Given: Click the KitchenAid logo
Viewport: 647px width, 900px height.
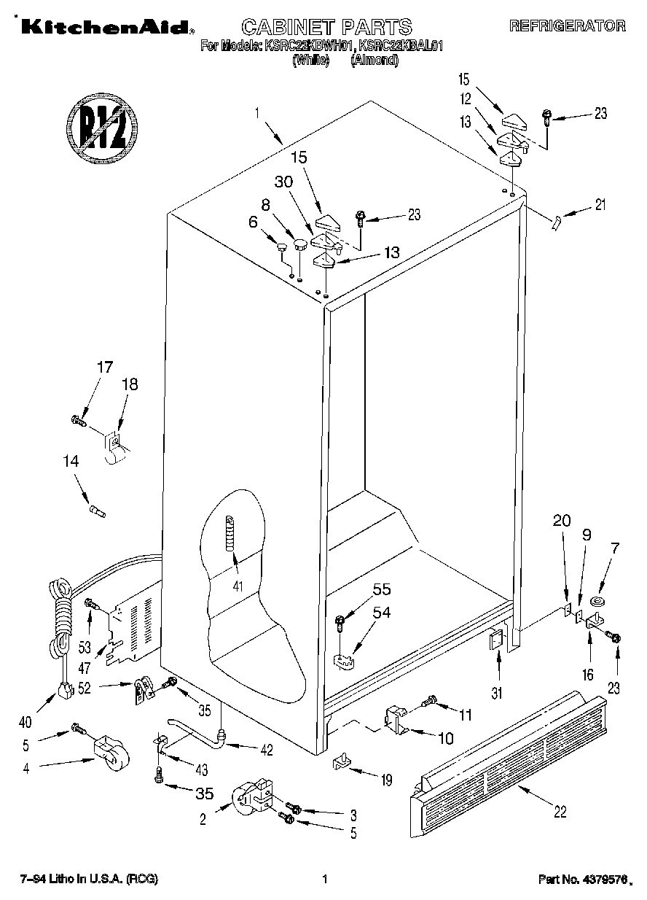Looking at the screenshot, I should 105,27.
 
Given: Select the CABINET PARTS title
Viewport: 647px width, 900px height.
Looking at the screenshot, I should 326,28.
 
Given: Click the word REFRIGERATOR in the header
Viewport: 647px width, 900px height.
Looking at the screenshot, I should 567,26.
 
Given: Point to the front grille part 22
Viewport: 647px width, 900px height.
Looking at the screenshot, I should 508,759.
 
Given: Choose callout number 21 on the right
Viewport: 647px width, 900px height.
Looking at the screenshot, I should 599,205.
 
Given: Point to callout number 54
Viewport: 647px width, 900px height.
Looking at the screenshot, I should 381,613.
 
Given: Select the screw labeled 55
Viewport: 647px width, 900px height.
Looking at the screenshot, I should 340,623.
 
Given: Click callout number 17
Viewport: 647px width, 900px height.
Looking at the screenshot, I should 105,368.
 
